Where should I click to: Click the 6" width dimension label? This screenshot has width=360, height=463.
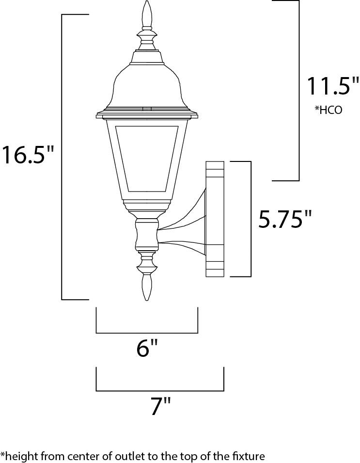click(x=147, y=348)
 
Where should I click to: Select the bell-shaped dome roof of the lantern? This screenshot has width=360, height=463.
click(x=147, y=85)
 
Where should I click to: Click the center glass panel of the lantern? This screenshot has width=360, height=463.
click(x=147, y=158)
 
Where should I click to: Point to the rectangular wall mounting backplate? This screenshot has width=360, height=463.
click(x=215, y=219)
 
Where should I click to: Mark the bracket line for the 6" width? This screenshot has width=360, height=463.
click(x=147, y=333)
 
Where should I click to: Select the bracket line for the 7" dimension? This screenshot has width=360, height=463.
click(x=160, y=390)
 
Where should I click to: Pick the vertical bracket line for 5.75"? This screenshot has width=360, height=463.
click(x=250, y=219)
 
